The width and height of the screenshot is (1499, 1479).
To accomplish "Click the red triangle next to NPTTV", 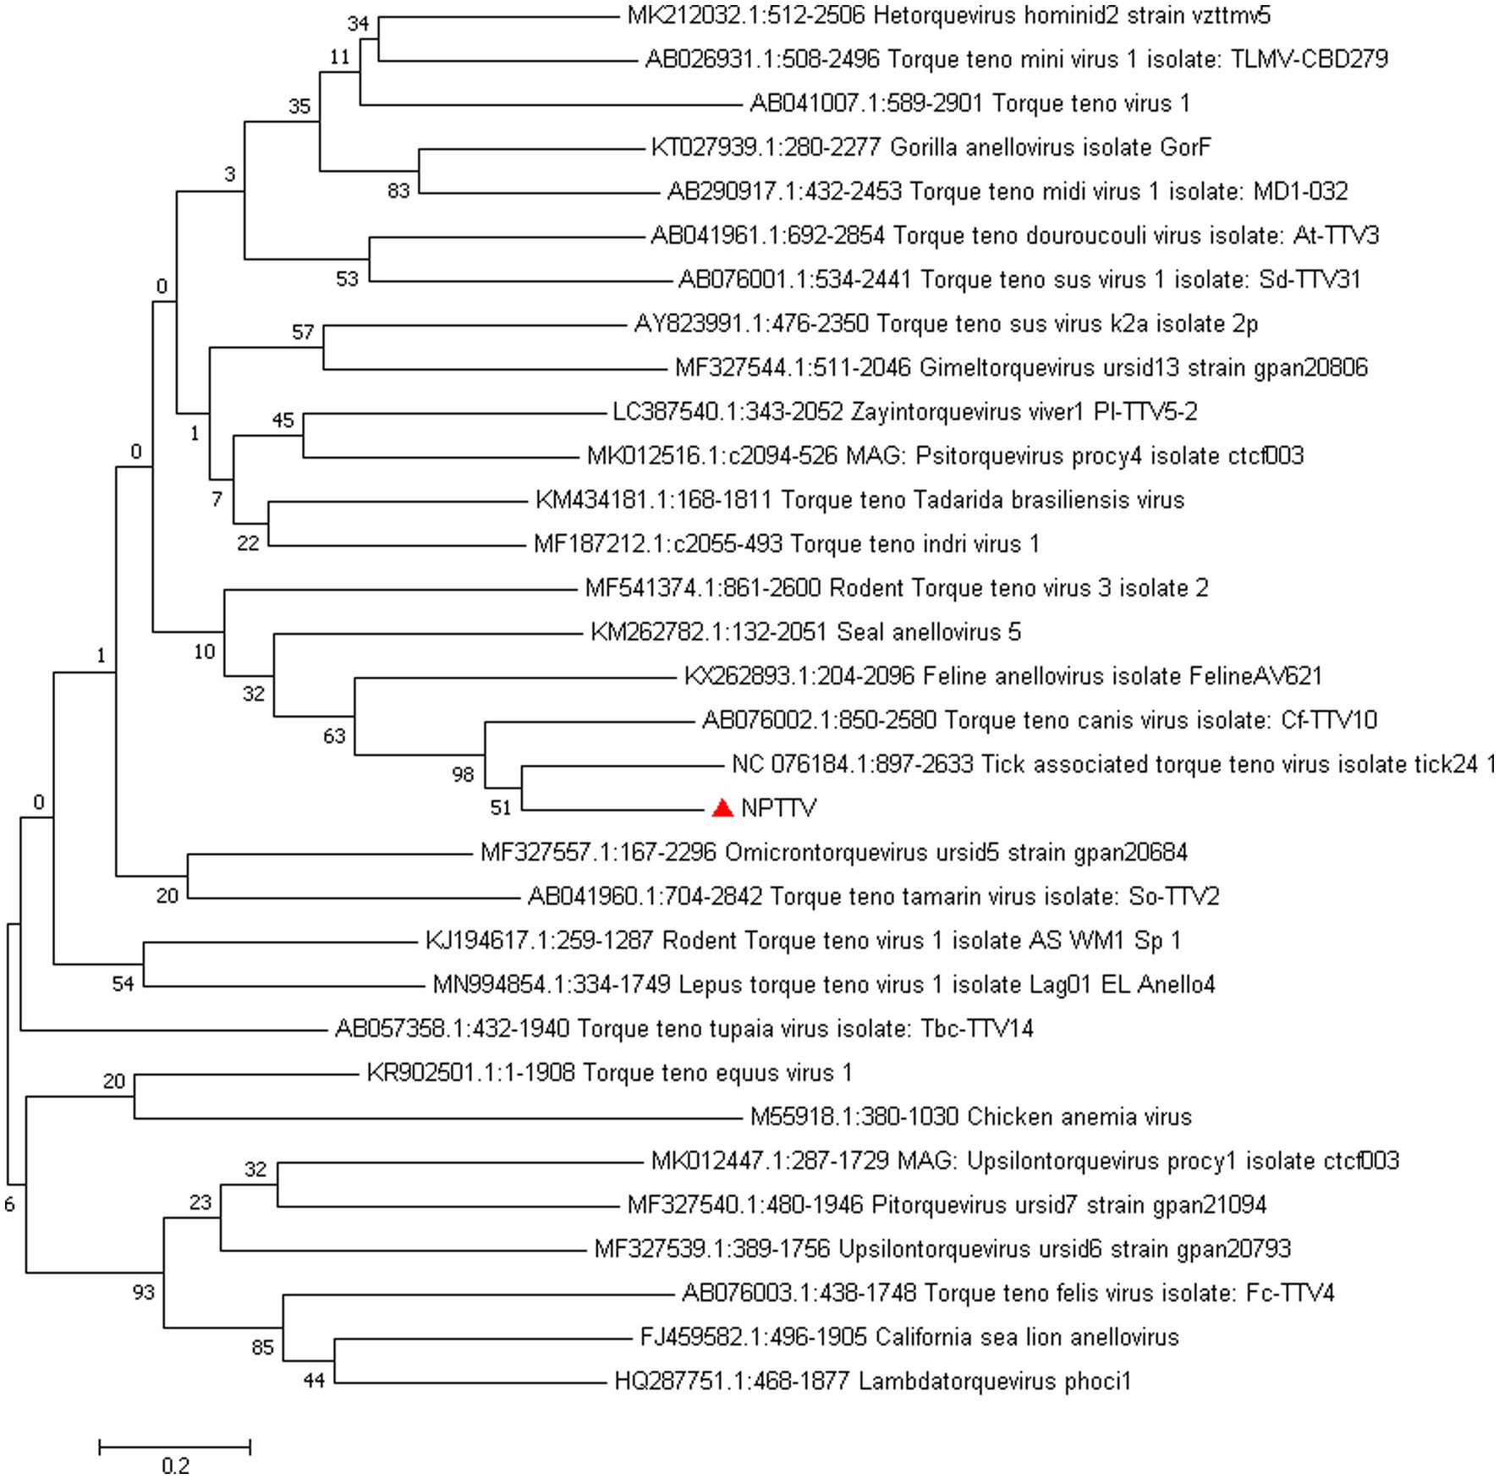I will pyautogui.click(x=722, y=808).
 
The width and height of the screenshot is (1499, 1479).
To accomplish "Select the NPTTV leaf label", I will pyautogui.click(x=778, y=809).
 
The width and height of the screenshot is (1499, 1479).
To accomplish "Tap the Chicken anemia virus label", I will pyautogui.click(x=970, y=1117).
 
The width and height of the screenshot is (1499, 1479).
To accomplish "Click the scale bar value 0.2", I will pyautogui.click(x=175, y=1465).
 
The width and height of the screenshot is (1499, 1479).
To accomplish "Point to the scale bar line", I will pyautogui.click(x=175, y=1448).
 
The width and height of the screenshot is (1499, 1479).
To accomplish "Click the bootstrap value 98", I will pyautogui.click(x=463, y=774).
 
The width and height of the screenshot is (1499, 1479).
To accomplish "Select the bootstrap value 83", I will pyautogui.click(x=398, y=191).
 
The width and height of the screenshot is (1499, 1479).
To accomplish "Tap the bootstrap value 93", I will pyautogui.click(x=144, y=1292).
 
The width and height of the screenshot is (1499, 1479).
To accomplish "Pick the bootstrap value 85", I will pyautogui.click(x=263, y=1347).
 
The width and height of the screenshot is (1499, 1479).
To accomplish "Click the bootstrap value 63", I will pyautogui.click(x=334, y=736).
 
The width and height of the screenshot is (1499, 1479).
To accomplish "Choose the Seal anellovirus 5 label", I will pyautogui.click(x=805, y=632).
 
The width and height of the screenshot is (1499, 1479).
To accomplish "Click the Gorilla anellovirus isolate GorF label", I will pyautogui.click(x=931, y=147).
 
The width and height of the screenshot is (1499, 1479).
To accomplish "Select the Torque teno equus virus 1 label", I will pyautogui.click(x=609, y=1073).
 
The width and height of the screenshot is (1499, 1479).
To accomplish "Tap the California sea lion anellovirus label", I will pyautogui.click(x=909, y=1337).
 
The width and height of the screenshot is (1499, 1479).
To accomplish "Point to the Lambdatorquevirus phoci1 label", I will pyautogui.click(x=872, y=1381).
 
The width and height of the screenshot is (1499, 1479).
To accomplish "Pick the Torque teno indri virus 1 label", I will pyautogui.click(x=786, y=544).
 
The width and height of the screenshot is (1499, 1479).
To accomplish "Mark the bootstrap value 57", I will pyautogui.click(x=303, y=333).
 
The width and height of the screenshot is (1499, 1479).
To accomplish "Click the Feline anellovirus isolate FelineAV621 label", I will pyautogui.click(x=1002, y=676).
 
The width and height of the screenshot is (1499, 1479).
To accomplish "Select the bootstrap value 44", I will pyautogui.click(x=314, y=1381).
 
